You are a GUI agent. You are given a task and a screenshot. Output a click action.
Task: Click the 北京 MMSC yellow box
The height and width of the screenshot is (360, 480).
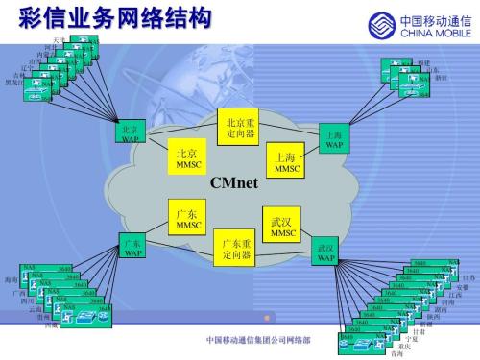(186, 159)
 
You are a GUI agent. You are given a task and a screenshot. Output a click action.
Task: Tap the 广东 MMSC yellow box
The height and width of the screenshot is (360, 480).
(186, 218)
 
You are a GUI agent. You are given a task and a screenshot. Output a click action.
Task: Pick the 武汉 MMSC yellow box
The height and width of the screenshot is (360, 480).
(283, 227)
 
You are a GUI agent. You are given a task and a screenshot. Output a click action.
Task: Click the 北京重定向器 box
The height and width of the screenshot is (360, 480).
(241, 128)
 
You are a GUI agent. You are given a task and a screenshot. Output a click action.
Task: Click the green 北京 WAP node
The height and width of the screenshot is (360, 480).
(130, 132)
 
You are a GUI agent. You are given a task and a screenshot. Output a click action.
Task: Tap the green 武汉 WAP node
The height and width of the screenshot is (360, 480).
(326, 252)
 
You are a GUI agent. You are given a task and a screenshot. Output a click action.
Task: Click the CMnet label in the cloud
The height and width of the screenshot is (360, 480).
(235, 182)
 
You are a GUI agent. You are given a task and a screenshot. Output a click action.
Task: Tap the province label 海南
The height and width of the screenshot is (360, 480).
(11, 279)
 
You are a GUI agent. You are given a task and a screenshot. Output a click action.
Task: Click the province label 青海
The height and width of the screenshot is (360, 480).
(391, 352)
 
